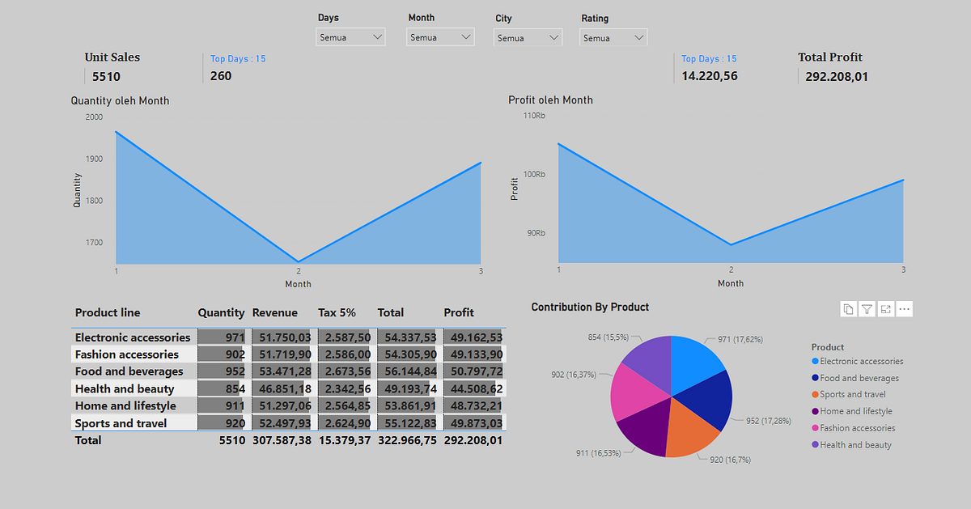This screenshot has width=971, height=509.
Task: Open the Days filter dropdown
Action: (x=350, y=37)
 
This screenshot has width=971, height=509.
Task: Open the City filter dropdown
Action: (x=528, y=38)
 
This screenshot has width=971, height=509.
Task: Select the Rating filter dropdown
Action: (x=613, y=38)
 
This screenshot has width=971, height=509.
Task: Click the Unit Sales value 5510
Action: (x=106, y=77)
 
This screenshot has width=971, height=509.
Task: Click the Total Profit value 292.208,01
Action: (x=837, y=77)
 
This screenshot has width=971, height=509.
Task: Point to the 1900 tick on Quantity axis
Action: (x=94, y=159)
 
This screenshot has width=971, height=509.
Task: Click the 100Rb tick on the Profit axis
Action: (x=534, y=175)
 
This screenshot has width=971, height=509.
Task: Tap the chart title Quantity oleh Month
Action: (x=120, y=100)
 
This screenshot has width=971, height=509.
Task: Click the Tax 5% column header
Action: (x=337, y=312)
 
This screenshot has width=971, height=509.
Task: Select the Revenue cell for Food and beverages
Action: (x=281, y=371)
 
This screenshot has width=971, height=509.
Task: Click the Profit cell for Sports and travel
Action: (x=473, y=423)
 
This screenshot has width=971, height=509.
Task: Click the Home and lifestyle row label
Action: (x=125, y=406)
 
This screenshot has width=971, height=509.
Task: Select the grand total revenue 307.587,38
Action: (x=281, y=440)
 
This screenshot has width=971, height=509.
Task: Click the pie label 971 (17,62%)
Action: (x=740, y=340)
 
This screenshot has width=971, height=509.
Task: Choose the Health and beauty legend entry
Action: (x=855, y=445)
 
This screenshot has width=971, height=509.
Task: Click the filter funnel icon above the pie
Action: (x=867, y=309)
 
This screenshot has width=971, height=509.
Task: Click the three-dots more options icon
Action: (x=905, y=309)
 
